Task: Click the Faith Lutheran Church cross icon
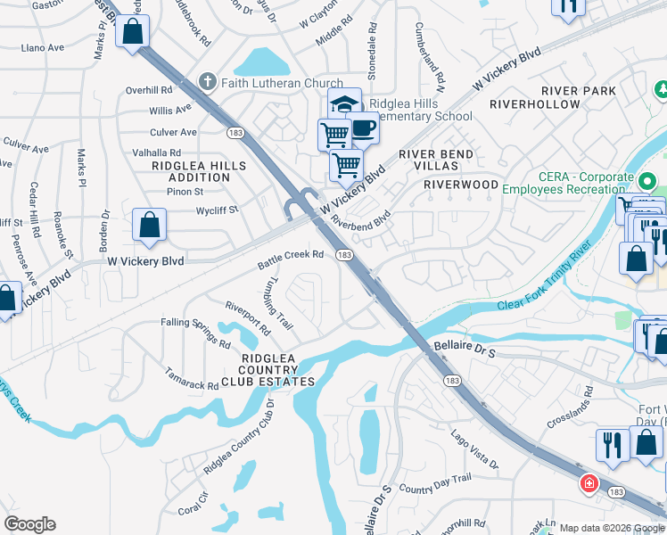(x=207, y=83)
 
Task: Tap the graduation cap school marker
(x=343, y=103)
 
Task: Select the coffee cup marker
(x=362, y=128)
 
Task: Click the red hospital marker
(x=589, y=484)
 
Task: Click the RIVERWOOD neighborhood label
(x=460, y=185)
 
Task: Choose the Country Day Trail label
(x=434, y=484)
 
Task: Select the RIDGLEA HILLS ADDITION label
(x=191, y=171)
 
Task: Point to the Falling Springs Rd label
(x=195, y=333)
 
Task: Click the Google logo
(x=29, y=524)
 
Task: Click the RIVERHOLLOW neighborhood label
(x=534, y=104)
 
